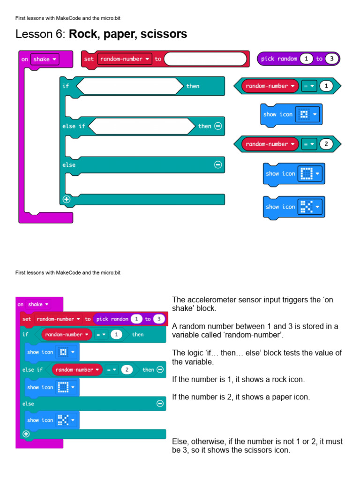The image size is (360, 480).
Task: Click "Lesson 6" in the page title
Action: tap(40, 34)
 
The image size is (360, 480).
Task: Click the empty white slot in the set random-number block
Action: tap(205, 59)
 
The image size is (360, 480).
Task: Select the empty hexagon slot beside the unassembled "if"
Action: tap(129, 86)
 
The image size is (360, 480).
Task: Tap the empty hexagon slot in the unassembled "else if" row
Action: tap(141, 126)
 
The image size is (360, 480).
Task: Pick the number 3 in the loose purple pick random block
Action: tap(331, 59)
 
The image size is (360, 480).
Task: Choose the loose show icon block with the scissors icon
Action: tap(293, 207)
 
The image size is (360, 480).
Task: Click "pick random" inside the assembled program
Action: tap(112, 319)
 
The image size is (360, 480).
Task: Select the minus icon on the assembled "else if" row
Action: tap(160, 370)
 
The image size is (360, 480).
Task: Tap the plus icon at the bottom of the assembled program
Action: tap(26, 434)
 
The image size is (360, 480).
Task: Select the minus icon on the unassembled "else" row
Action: tap(217, 165)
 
